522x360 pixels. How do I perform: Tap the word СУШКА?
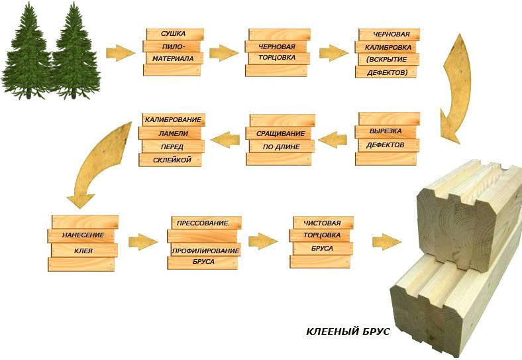[x=173, y=34]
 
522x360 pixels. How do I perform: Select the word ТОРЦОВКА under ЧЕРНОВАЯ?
[x=277, y=57]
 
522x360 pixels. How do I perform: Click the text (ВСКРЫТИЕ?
[x=387, y=59]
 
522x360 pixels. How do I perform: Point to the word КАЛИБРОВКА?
[x=388, y=47]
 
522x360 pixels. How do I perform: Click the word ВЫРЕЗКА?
[x=385, y=131]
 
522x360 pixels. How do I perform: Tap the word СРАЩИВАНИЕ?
[x=280, y=134]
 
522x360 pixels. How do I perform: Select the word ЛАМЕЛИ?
[x=173, y=134]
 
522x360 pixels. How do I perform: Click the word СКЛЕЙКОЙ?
[x=172, y=160]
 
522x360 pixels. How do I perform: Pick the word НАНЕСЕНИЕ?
[x=83, y=235]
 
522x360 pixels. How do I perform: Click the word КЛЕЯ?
[x=83, y=251]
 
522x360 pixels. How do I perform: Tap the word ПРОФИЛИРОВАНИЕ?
[x=205, y=251]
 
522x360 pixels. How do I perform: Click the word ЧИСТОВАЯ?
[x=322, y=223]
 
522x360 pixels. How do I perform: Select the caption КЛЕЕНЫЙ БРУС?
[x=348, y=331]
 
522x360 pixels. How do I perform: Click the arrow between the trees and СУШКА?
[x=121, y=52]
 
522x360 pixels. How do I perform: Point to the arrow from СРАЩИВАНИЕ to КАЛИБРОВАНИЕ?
[x=225, y=139]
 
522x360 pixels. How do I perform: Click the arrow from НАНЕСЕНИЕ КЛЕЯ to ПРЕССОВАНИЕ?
[x=143, y=242]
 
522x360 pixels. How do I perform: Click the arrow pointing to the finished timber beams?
[x=387, y=242]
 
